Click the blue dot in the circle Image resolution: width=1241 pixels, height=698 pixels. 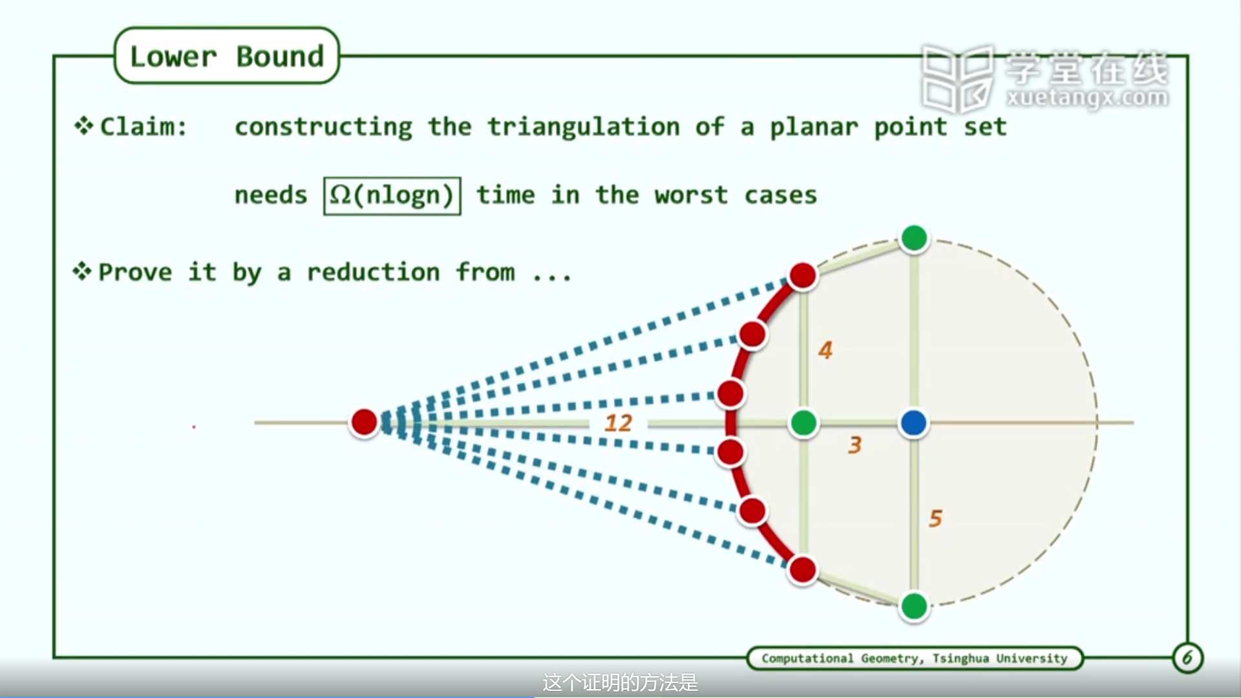click(x=913, y=423)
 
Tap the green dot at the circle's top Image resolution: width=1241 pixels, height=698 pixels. click(x=914, y=238)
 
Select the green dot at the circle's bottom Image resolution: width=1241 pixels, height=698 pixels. click(x=914, y=607)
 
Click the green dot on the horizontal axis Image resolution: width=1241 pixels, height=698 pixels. click(x=803, y=423)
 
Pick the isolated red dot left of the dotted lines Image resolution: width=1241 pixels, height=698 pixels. click(x=364, y=422)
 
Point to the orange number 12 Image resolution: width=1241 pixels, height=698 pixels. click(x=618, y=423)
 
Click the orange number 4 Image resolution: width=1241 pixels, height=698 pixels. click(x=825, y=350)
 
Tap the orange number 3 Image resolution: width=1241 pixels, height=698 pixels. click(x=854, y=445)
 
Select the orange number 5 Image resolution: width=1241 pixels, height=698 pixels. click(x=935, y=518)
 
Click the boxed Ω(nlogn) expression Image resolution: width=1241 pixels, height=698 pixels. click(x=392, y=195)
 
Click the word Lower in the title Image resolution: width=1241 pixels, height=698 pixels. click(x=173, y=57)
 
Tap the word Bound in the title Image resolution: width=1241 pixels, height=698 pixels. click(x=280, y=57)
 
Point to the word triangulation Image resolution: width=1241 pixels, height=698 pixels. click(x=583, y=127)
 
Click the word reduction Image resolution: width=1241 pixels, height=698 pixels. click(x=373, y=272)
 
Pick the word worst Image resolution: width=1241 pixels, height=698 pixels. click(x=691, y=195)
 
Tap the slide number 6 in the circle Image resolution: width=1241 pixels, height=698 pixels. click(x=1187, y=658)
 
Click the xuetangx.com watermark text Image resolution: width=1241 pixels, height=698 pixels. click(x=1087, y=98)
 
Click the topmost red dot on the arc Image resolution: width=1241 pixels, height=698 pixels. click(x=803, y=276)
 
